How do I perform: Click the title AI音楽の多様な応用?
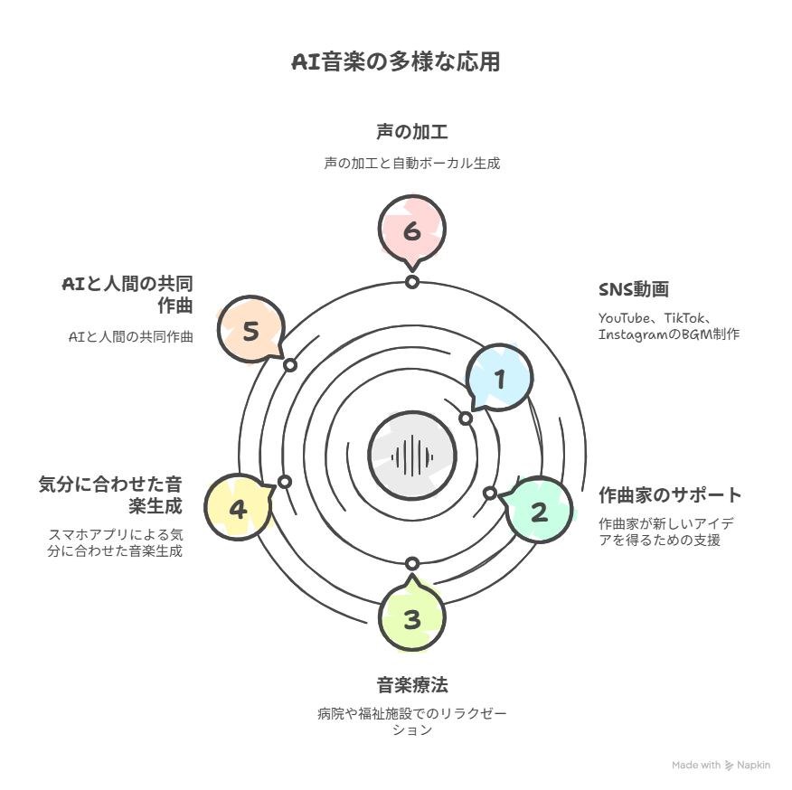pyautogui.click(x=396, y=61)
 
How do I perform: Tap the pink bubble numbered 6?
pyautogui.click(x=412, y=230)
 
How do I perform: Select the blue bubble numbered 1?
pyautogui.click(x=499, y=379)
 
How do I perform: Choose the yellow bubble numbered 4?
pyautogui.click(x=240, y=507)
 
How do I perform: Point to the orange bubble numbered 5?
pyautogui.click(x=251, y=329)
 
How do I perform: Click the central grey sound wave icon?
pyautogui.click(x=412, y=456)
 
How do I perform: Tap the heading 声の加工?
pyautogui.click(x=412, y=132)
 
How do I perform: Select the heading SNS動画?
pyautogui.click(x=634, y=289)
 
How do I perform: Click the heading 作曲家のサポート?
pyautogui.click(x=670, y=495)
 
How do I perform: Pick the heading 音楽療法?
pyautogui.click(x=412, y=685)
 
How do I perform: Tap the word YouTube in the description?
pyautogui.click(x=624, y=318)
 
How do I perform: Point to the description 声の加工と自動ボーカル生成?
pyautogui.click(x=412, y=163)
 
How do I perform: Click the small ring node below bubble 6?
pyautogui.click(x=412, y=282)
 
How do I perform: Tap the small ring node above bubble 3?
pyautogui.click(x=412, y=563)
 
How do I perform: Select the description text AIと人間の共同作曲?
pyautogui.click(x=131, y=336)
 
